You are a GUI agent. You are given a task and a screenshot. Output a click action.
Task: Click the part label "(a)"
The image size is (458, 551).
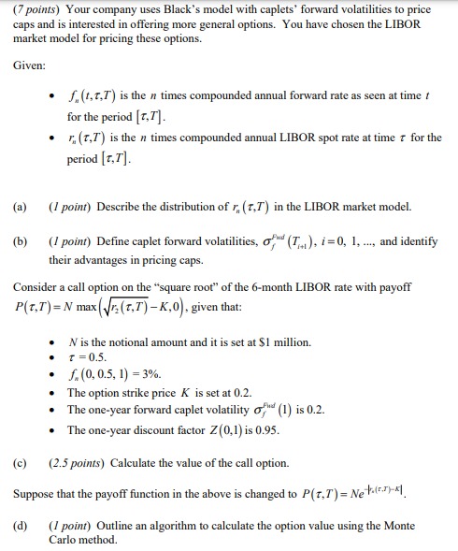[21, 206]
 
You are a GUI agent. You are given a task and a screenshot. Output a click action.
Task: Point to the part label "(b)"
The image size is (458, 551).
[21, 240]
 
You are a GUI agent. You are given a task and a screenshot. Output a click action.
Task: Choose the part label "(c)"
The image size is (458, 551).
[21, 463]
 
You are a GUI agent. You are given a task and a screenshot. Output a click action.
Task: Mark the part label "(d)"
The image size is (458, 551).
[21, 525]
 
